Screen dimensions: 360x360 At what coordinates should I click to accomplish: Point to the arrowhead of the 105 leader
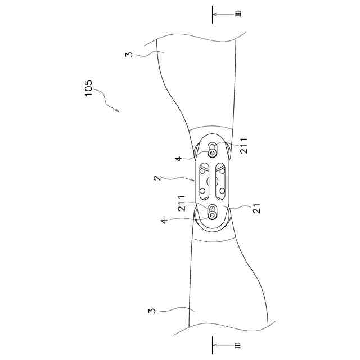point(118,111)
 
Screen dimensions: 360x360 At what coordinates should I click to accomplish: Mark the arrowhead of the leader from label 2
point(195,181)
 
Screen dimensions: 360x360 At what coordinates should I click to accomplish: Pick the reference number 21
point(258,209)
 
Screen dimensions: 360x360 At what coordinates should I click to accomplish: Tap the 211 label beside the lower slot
point(182,203)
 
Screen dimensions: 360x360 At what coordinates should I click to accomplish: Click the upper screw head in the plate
point(213,152)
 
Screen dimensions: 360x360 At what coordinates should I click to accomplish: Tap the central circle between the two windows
point(213,181)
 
